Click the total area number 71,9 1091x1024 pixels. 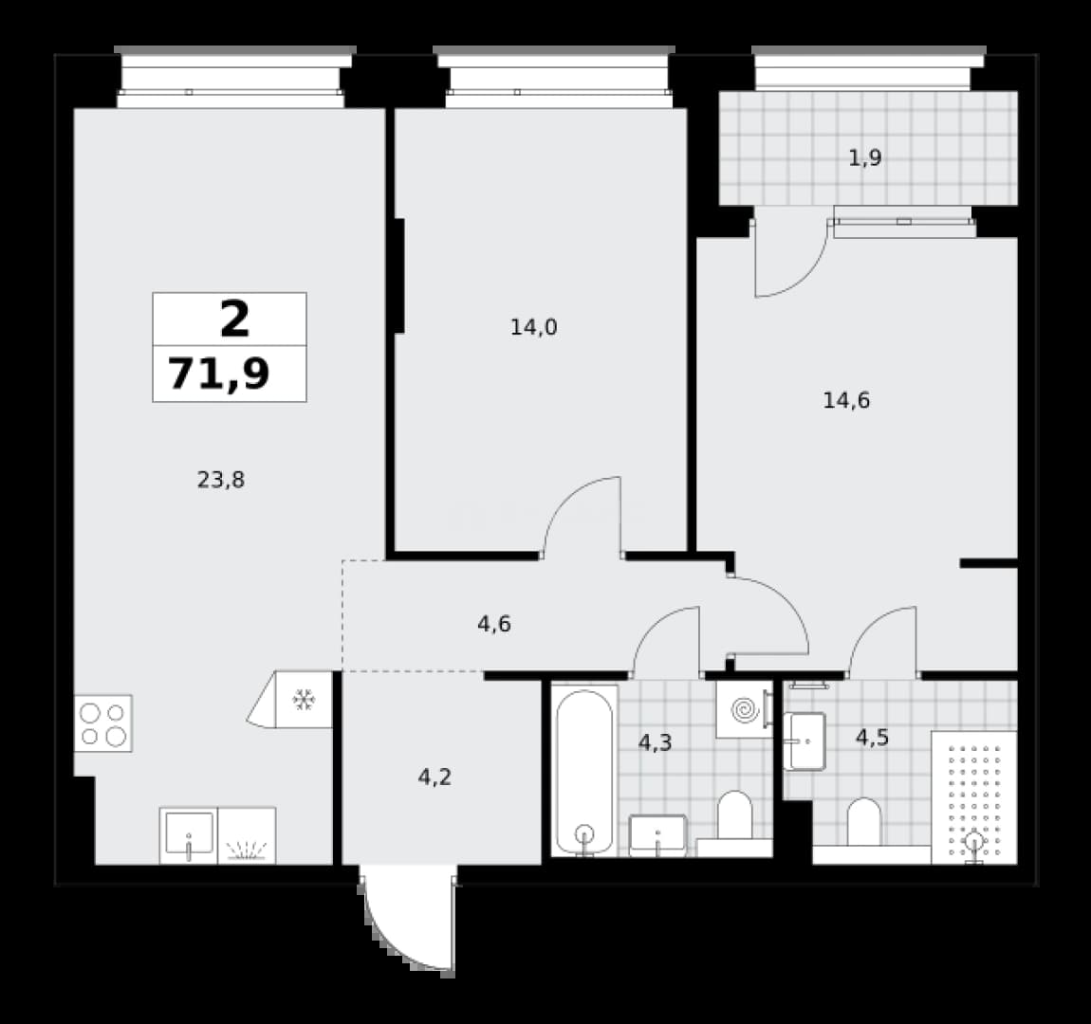[x=219, y=374]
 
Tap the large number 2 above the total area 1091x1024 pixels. [x=234, y=320]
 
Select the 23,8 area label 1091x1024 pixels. [x=220, y=480]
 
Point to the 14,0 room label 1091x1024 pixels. [x=534, y=327]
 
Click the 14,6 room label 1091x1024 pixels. [x=846, y=400]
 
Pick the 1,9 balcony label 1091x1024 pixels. [x=865, y=157]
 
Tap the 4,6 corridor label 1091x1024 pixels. [x=494, y=624]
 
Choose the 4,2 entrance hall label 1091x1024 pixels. [x=435, y=777]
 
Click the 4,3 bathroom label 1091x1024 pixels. [x=655, y=742]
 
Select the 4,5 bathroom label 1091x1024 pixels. [x=872, y=737]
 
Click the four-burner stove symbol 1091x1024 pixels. [x=103, y=723]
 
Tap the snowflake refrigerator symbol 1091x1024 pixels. [x=305, y=700]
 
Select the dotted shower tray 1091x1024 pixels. [x=974, y=797]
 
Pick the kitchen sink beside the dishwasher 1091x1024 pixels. [x=189, y=835]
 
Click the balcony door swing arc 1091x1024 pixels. [x=807, y=278]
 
